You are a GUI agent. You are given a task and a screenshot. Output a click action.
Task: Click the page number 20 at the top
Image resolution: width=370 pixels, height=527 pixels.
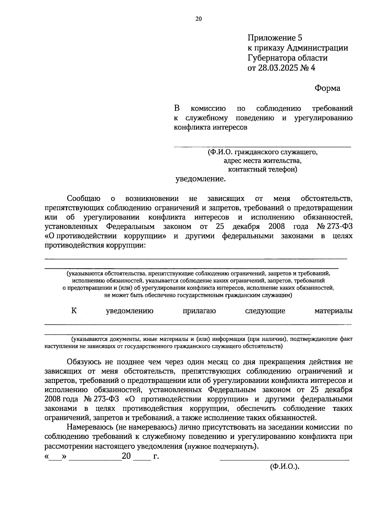(198, 19)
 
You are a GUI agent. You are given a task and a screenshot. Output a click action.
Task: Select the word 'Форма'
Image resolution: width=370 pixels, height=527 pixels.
(327, 88)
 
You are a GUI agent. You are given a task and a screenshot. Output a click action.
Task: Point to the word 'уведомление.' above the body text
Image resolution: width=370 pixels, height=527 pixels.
(200, 179)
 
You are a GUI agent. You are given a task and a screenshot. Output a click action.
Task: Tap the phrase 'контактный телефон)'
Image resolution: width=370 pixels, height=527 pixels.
(262, 169)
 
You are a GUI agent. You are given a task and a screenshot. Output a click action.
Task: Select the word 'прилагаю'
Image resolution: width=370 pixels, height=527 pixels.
(199, 311)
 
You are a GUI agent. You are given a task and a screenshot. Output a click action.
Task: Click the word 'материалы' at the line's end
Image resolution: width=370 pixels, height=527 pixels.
(333, 311)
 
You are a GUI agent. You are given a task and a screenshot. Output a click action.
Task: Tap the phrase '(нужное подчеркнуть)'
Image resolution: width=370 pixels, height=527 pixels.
(221, 447)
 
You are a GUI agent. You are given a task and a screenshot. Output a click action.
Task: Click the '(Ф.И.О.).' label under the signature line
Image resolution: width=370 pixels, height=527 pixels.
(285, 467)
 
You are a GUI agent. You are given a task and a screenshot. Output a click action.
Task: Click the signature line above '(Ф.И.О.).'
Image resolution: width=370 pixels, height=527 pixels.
(284, 460)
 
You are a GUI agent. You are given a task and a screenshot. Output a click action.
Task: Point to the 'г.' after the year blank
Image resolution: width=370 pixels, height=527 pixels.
(156, 456)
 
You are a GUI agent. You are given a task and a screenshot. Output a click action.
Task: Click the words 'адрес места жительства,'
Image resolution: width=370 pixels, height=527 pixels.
(262, 161)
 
